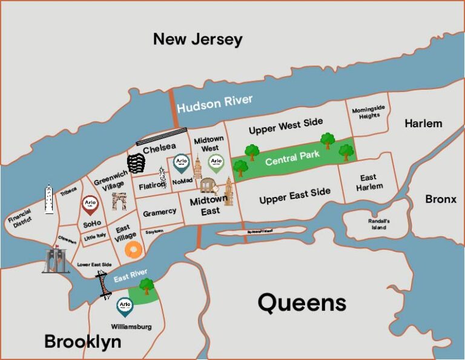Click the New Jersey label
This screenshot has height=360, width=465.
[197, 40]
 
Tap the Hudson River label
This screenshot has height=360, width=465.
[215, 104]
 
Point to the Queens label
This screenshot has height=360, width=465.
[302, 302]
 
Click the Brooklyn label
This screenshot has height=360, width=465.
[82, 342]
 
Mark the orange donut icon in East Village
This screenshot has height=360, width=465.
[134, 249]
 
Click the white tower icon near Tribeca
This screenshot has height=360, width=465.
[49, 199]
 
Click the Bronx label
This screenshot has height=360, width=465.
[441, 199]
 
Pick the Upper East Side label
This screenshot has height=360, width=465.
[295, 196]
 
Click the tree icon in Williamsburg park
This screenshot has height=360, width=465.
[146, 286]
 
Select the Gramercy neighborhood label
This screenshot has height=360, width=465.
[160, 212]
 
